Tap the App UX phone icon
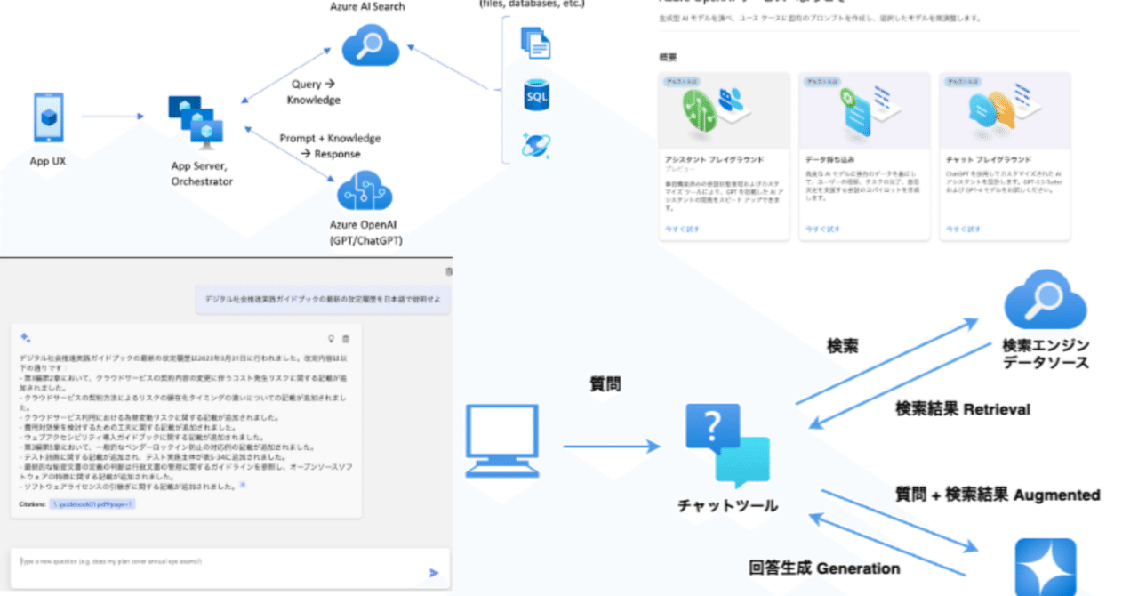tap(47, 117)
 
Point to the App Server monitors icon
tap(196, 121)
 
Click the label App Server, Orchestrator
tap(202, 173)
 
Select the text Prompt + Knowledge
tap(330, 139)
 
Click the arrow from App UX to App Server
tap(111, 117)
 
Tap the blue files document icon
tap(537, 42)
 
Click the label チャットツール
tap(727, 506)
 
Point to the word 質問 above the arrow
tap(605, 383)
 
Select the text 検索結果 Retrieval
tap(962, 409)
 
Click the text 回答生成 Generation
tap(823, 568)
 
